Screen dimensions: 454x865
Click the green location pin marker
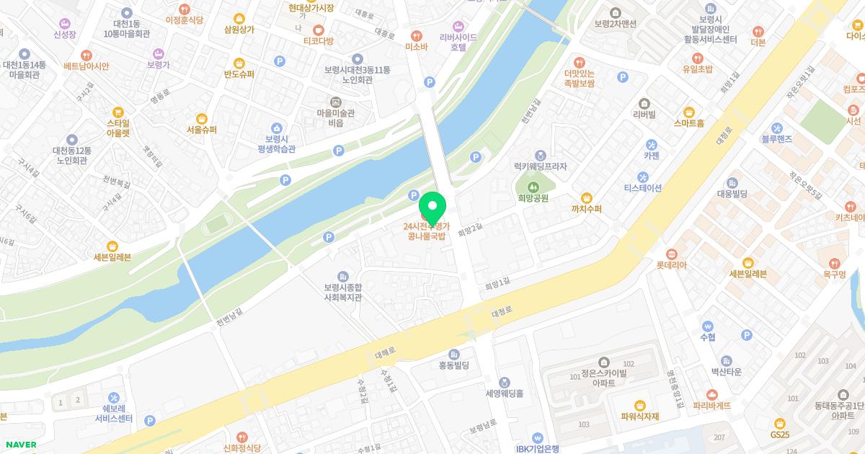pyautogui.click(x=432, y=208)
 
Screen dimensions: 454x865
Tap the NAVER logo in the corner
pyautogui.click(x=19, y=445)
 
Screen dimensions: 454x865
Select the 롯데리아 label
pyautogui.click(x=671, y=264)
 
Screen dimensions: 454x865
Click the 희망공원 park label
pyautogui.click(x=533, y=197)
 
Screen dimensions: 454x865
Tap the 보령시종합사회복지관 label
pyautogui.click(x=342, y=291)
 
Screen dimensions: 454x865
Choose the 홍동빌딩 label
pyautogui.click(x=453, y=365)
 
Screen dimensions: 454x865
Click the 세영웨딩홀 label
pyautogui.click(x=504, y=393)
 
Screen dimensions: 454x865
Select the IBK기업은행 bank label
pyautogui.click(x=538, y=448)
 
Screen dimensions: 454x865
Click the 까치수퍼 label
pyautogui.click(x=586, y=209)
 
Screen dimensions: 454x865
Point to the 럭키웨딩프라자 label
pyautogui.click(x=540, y=166)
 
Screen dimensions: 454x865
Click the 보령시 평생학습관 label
pyautogui.click(x=276, y=143)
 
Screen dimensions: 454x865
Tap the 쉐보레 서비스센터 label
pyautogui.click(x=114, y=412)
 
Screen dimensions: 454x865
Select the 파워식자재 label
pyautogui.click(x=639, y=416)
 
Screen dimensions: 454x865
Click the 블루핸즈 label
pyautogui.click(x=776, y=138)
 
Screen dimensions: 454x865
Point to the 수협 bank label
pyautogui.click(x=707, y=337)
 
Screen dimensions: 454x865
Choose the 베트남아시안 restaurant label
pyautogui.click(x=86, y=66)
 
